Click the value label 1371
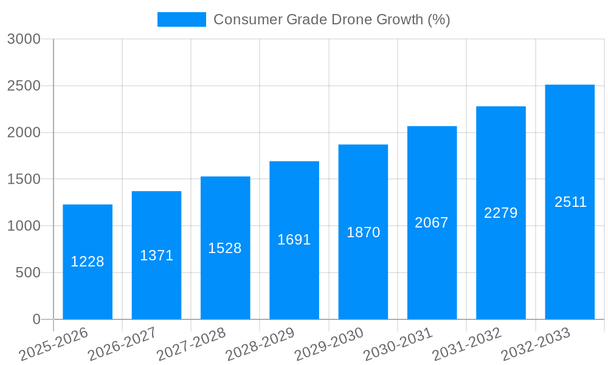[x=156, y=255]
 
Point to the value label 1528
[x=225, y=248]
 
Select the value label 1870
[x=363, y=232]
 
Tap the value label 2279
[x=500, y=213]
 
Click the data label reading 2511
[x=570, y=202]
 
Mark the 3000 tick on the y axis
[x=24, y=39]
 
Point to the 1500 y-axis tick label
[x=24, y=179]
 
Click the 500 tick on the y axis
[x=28, y=273]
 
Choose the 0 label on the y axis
[x=36, y=319]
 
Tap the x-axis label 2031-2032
[x=467, y=344]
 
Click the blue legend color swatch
[x=181, y=19]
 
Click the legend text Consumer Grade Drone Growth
[x=331, y=19]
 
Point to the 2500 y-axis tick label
[x=24, y=86]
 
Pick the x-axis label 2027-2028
[x=192, y=344]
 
